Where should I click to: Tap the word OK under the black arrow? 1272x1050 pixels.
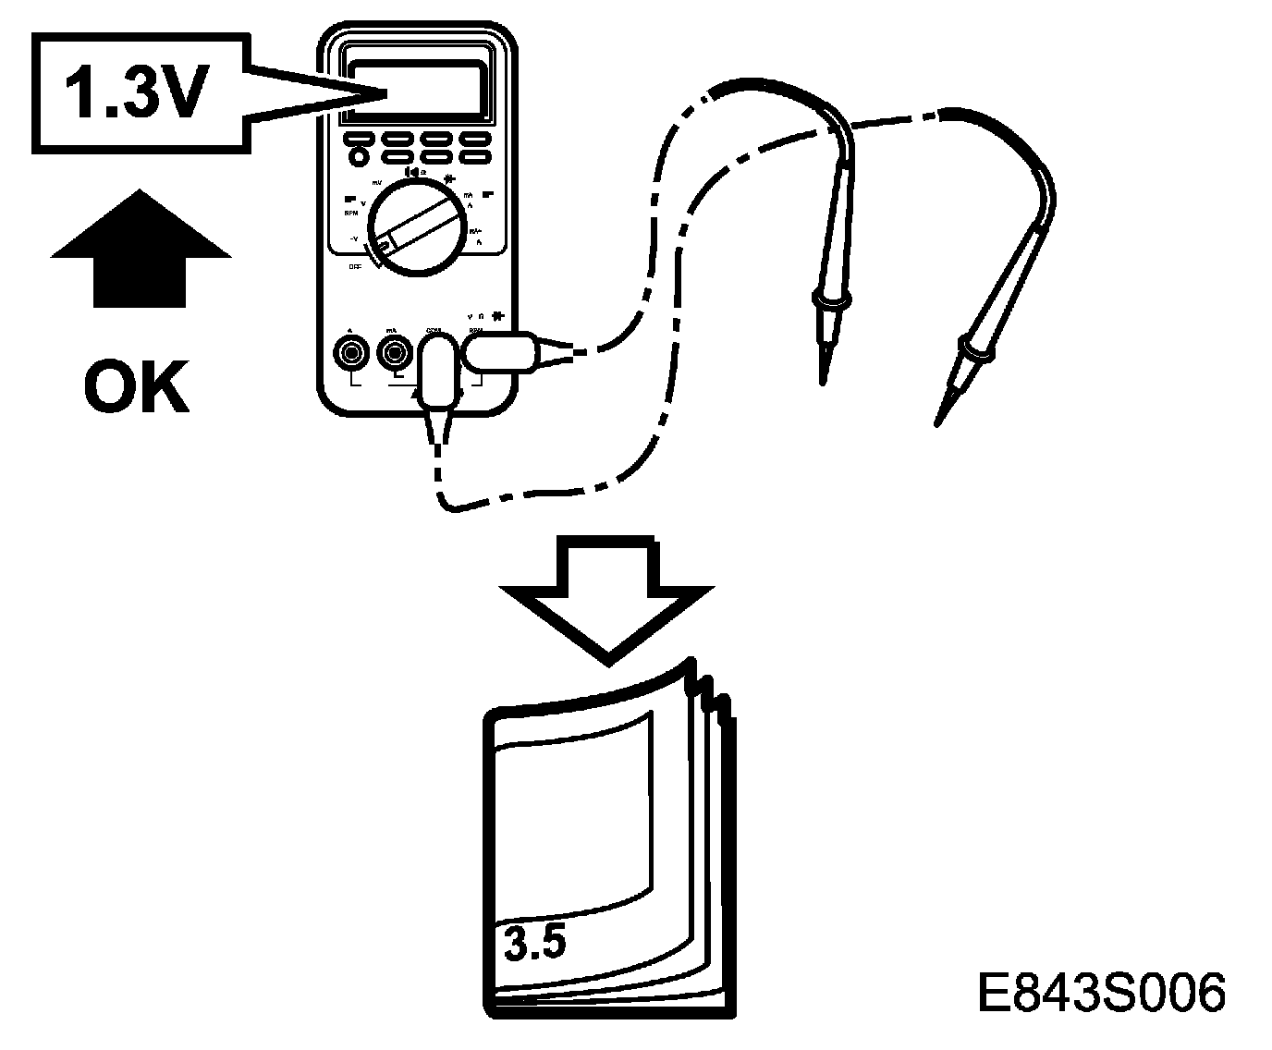click(137, 388)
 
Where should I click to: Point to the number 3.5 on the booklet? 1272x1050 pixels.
click(536, 942)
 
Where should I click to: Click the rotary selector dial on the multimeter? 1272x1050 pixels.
click(415, 226)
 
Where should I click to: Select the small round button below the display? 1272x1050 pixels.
click(358, 158)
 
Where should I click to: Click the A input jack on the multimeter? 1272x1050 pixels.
click(350, 352)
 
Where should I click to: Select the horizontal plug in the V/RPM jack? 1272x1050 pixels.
click(500, 353)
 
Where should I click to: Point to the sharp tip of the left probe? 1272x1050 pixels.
click(822, 380)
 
